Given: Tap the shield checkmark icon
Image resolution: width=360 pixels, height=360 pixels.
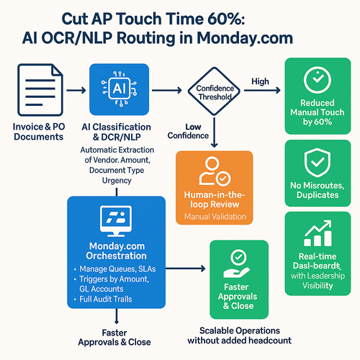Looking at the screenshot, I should [316, 165].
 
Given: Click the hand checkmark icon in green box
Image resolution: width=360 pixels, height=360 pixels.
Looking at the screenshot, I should [238, 264].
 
